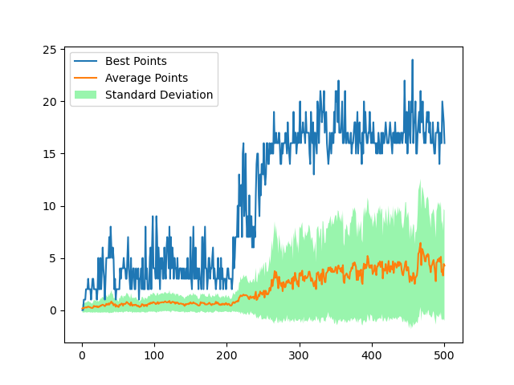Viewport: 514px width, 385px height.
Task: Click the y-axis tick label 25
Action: coord(50,50)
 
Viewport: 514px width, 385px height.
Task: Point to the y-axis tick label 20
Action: coord(50,102)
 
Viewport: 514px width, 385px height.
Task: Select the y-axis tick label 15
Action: coord(50,154)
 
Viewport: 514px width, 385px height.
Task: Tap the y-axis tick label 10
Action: coord(50,206)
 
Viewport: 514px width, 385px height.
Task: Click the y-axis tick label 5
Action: coord(53,258)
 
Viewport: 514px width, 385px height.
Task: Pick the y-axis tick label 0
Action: coord(53,310)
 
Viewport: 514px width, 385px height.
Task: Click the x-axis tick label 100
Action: coord(154,355)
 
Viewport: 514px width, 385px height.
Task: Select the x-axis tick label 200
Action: coord(226,355)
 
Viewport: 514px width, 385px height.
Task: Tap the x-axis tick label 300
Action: coord(299,355)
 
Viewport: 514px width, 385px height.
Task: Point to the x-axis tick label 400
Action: coord(372,355)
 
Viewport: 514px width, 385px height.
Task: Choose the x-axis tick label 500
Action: coord(444,355)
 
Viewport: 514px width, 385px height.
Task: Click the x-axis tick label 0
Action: coord(82,355)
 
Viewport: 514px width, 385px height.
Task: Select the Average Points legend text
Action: coord(146,78)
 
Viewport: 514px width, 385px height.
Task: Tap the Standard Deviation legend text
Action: coord(159,95)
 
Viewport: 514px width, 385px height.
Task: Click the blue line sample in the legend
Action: coord(88,61)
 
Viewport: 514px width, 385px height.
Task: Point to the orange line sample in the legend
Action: coord(88,78)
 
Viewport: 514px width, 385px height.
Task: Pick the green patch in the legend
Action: coord(88,95)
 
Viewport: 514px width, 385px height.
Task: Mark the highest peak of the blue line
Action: coord(412,60)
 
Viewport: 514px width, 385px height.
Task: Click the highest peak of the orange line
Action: coord(420,244)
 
